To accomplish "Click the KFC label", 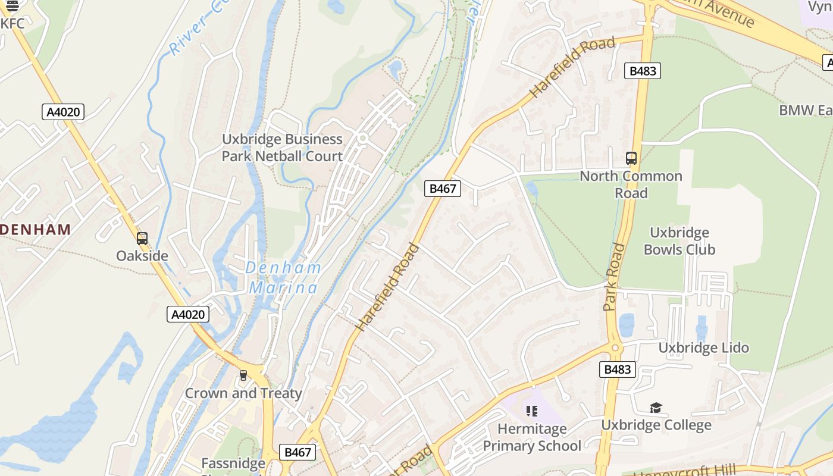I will [13, 23].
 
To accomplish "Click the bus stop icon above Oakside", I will [142, 239].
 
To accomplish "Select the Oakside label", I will [142, 256].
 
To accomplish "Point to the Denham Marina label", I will [283, 278].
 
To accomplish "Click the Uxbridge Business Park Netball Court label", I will [282, 148].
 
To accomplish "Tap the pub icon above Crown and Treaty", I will [243, 375].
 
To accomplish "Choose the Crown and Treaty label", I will [243, 393].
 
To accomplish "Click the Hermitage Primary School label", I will [532, 437].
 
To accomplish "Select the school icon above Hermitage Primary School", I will [532, 411].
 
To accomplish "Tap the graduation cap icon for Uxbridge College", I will [656, 408].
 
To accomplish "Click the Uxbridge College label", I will [656, 425].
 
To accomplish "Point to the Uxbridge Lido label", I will [703, 347].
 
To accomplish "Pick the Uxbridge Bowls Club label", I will [679, 241].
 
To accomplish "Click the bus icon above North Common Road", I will [631, 159].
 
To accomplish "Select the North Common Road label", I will [631, 184].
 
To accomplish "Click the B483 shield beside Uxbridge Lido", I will [617, 369].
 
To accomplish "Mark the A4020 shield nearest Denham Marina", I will [188, 314].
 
